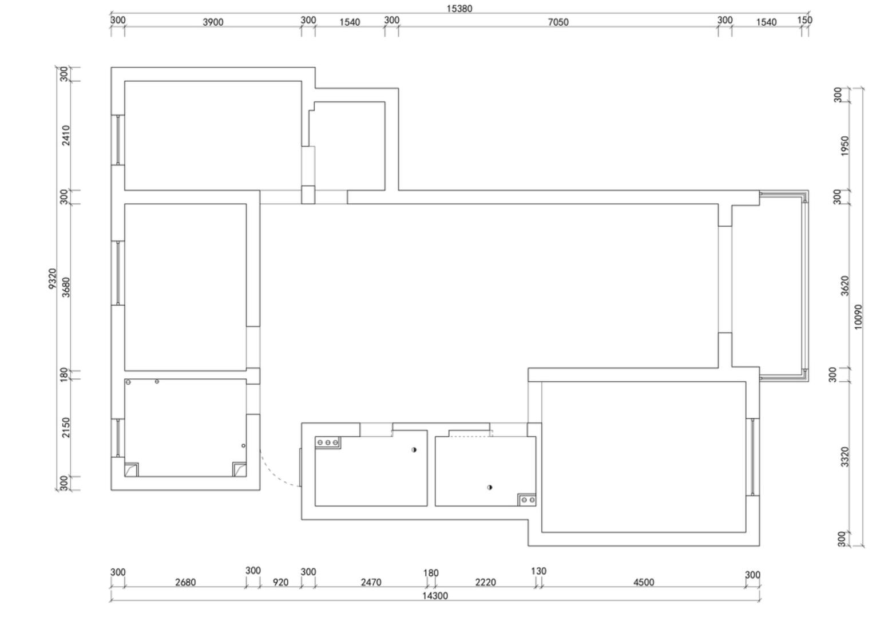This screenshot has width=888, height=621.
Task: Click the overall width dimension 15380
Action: point(459,9)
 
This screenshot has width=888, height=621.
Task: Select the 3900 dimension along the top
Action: point(213,22)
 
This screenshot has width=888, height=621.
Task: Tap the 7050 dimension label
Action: point(558,22)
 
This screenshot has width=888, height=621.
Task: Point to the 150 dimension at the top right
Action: point(804,20)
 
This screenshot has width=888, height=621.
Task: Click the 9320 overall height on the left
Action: point(52,278)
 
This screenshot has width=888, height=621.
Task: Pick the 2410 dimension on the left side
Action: point(66,136)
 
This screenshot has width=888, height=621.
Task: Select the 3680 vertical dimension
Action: point(66,287)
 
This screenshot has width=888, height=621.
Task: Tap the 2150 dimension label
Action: point(66,428)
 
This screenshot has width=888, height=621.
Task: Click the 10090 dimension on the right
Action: point(858,317)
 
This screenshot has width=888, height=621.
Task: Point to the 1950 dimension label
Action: point(845,146)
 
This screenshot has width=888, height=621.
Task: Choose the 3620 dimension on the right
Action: point(845,286)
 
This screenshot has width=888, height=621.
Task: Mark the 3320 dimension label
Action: point(845,457)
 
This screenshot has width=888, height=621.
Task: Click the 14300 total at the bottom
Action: point(435,596)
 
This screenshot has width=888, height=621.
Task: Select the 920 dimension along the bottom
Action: point(281,583)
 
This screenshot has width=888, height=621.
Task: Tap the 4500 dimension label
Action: point(644,583)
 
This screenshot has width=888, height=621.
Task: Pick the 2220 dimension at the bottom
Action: point(486,583)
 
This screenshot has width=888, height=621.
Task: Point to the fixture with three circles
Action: point(328,442)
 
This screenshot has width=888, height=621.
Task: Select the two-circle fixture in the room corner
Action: point(528,500)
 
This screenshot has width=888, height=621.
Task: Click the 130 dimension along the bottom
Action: point(539,571)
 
